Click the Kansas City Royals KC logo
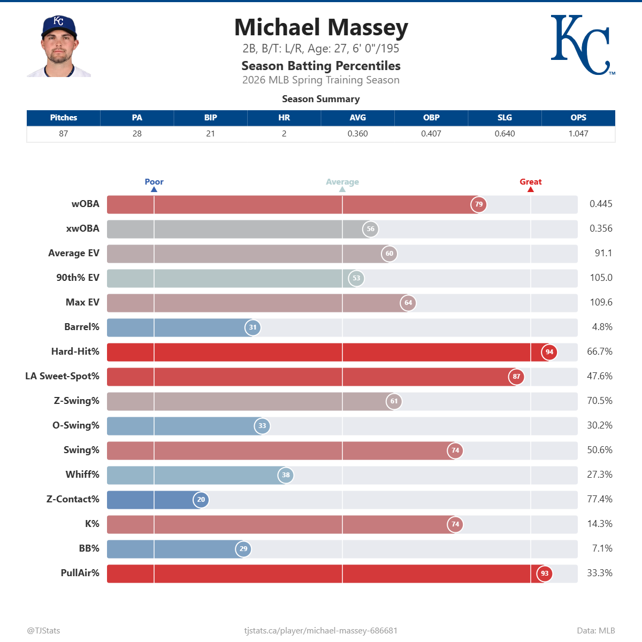tap(582, 45)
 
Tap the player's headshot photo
tap(59, 47)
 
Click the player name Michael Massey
tap(321, 28)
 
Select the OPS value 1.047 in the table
tap(578, 134)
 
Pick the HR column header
tap(284, 118)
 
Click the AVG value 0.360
tap(357, 134)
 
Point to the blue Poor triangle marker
tap(154, 189)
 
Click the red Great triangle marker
tap(531, 189)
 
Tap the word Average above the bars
tap(342, 182)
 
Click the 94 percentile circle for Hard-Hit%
tap(549, 352)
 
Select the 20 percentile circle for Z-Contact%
tap(201, 500)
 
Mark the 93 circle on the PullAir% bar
tap(545, 574)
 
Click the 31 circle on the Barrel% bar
tap(253, 327)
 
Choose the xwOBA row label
tap(82, 228)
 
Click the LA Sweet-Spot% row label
tap(62, 376)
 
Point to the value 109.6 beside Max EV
tap(601, 302)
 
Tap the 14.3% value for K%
tap(600, 524)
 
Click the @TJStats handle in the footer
tap(43, 631)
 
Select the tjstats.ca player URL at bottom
tap(321, 631)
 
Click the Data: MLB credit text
tap(595, 631)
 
